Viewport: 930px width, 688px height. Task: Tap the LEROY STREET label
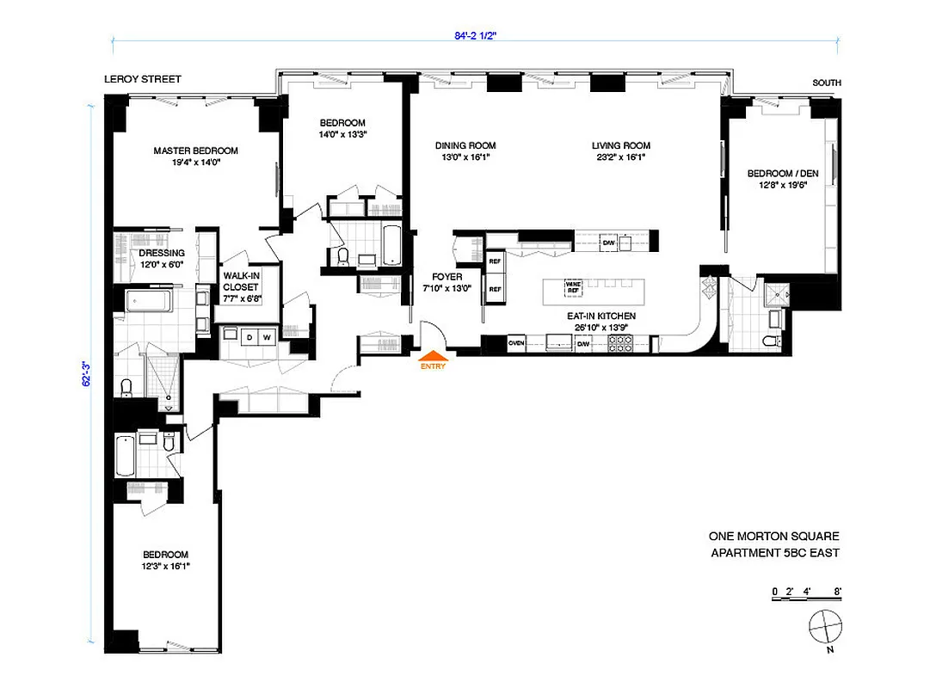[x=143, y=79]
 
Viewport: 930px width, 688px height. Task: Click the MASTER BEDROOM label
[x=195, y=150]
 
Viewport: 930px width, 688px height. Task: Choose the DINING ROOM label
[x=465, y=145]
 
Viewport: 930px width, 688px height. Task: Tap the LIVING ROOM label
[x=620, y=145]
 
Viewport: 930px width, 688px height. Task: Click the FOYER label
[x=447, y=277]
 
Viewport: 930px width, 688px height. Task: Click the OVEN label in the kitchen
[x=516, y=344]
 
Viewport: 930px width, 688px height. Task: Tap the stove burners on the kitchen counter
[x=620, y=343]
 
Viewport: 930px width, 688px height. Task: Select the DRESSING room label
[x=162, y=253]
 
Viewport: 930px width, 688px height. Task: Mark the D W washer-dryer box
[x=258, y=337]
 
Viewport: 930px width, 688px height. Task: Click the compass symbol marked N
[x=824, y=626]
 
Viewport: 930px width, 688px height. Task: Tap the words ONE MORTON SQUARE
[x=773, y=535]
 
